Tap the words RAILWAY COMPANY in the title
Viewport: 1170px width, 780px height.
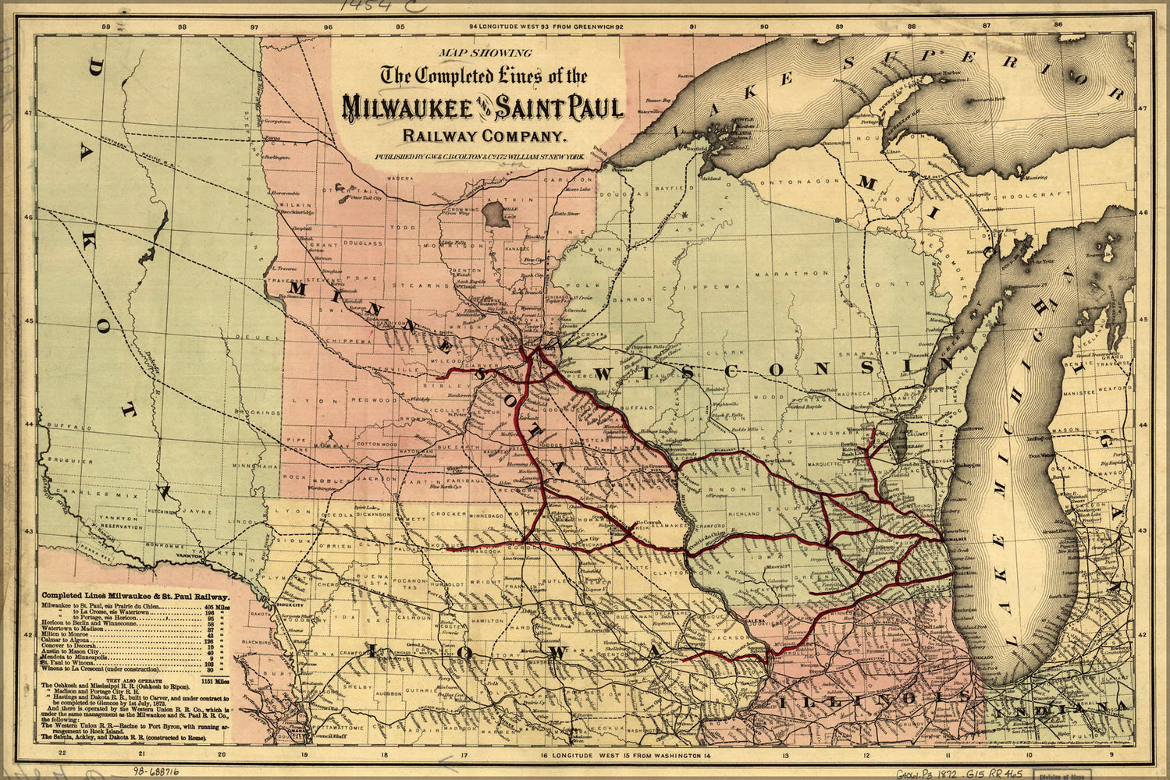click(x=483, y=136)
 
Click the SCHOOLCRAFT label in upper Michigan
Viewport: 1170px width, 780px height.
click(x=1055, y=193)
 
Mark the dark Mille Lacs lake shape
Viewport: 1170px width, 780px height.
click(x=496, y=214)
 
